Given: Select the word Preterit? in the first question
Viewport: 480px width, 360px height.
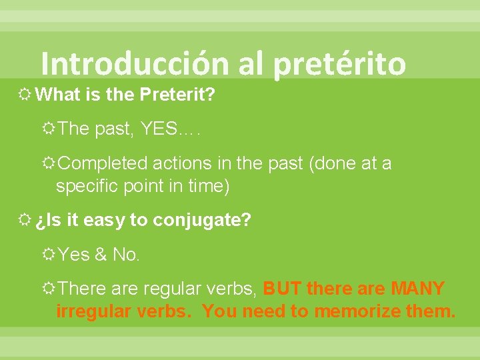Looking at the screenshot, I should (x=177, y=95).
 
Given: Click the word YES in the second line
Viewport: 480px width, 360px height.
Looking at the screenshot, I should (x=159, y=129).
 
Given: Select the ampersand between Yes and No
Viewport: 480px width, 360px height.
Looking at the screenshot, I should (x=99, y=255).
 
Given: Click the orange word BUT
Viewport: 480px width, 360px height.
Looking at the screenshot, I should (x=279, y=289).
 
